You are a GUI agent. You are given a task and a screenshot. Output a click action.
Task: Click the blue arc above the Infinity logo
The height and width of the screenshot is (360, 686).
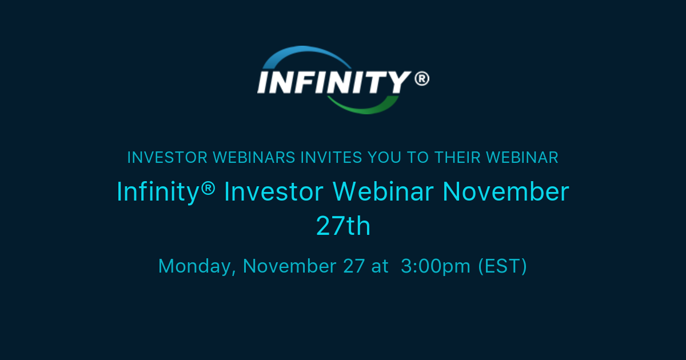pos(303,54)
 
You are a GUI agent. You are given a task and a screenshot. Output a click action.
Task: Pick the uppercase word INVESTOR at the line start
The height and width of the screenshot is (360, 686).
pos(167,158)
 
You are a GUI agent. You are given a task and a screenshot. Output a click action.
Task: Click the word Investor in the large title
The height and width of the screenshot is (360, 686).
pos(273,192)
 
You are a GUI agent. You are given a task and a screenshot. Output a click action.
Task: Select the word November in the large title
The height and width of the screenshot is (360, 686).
pos(506,192)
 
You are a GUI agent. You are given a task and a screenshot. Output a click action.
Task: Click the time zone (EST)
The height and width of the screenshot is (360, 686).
pos(502,266)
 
